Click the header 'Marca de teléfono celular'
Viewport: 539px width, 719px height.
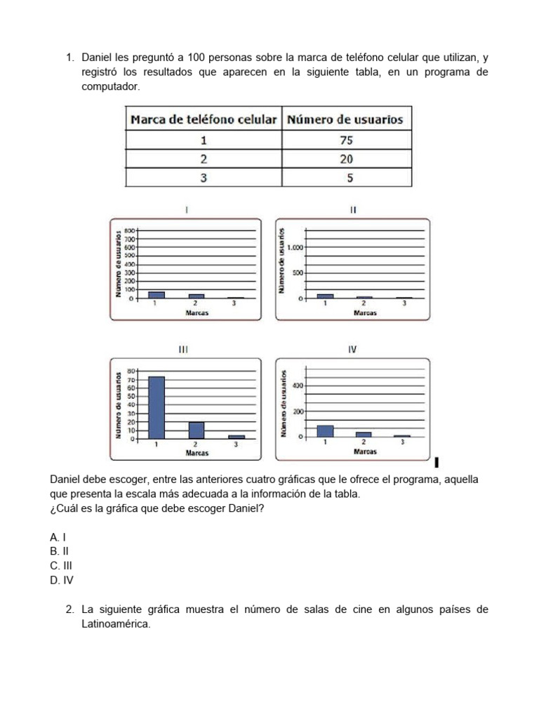pyautogui.click(x=204, y=119)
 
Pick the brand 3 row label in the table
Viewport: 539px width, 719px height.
pyautogui.click(x=204, y=178)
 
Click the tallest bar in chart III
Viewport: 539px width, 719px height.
pyautogui.click(x=157, y=407)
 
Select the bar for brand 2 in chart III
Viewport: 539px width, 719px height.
pyautogui.click(x=196, y=430)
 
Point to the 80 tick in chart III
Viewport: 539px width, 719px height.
pyautogui.click(x=130, y=371)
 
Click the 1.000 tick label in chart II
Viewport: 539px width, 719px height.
pyautogui.click(x=295, y=247)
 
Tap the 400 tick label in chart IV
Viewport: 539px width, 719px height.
pyautogui.click(x=298, y=385)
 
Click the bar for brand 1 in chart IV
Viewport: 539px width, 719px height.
pyautogui.click(x=325, y=430)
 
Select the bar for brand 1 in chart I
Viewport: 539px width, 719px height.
pyautogui.click(x=157, y=295)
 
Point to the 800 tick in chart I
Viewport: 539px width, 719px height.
pyautogui.click(x=129, y=230)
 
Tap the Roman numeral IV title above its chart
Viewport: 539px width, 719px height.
pyautogui.click(x=353, y=349)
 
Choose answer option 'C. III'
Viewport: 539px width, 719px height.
pyautogui.click(x=61, y=565)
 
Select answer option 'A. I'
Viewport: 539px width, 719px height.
pyautogui.click(x=58, y=536)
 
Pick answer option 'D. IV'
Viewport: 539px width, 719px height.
pyautogui.click(x=62, y=580)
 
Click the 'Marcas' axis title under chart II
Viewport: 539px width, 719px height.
pyautogui.click(x=364, y=313)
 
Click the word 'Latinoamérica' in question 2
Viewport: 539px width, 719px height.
pyautogui.click(x=116, y=624)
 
